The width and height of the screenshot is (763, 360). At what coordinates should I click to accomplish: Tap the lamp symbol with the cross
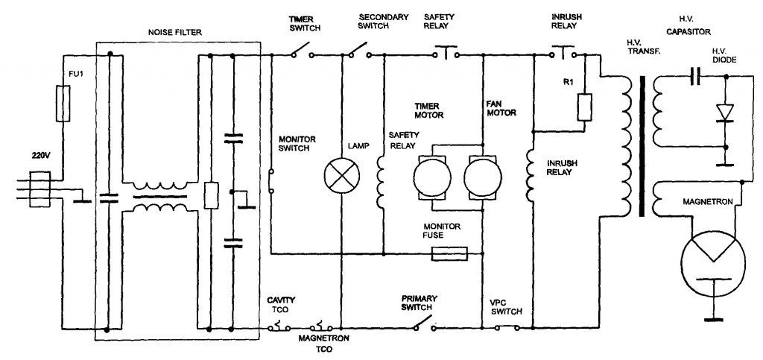(341, 177)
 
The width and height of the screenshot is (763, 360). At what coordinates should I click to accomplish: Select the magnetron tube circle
(713, 260)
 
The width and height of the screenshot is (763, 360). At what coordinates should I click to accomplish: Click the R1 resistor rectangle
(585, 107)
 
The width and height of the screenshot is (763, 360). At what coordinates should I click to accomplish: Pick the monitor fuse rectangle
(450, 254)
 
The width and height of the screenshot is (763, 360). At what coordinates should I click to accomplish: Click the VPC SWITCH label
(506, 309)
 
